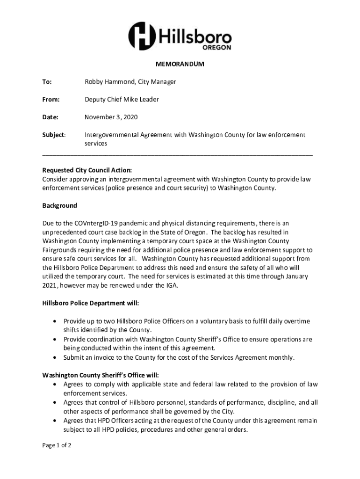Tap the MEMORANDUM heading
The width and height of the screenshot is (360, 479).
pyautogui.click(x=180, y=64)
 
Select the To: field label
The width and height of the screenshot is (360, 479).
pyautogui.click(x=47, y=82)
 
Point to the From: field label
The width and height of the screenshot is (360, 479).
pyautogui.click(x=51, y=99)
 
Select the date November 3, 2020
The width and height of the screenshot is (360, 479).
pyautogui.click(x=111, y=117)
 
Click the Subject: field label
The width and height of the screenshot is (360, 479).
pyautogui.click(x=54, y=135)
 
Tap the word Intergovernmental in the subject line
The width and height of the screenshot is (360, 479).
pyautogui.click(x=111, y=135)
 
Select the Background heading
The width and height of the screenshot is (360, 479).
pyautogui.click(x=59, y=205)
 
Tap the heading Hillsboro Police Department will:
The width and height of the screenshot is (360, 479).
pyautogui.click(x=91, y=303)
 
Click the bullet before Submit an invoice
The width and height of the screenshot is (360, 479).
pyautogui.click(x=56, y=357)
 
